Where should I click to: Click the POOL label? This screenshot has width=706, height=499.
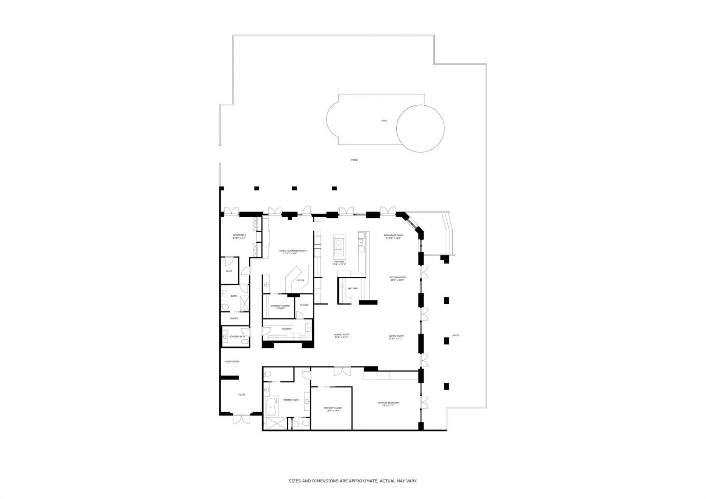coord(384,121)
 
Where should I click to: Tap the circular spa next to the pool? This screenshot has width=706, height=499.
coord(420,128)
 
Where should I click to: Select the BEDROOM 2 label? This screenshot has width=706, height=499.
coord(239,235)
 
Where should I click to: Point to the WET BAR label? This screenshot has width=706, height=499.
coord(353,288)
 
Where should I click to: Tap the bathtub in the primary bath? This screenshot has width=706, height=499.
coord(272,407)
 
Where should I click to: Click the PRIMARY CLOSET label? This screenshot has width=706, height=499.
coord(333,408)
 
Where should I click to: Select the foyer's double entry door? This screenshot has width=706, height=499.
coord(242,419)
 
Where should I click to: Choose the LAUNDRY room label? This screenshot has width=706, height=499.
coord(286,329)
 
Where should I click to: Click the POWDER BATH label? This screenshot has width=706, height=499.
coord(237,336)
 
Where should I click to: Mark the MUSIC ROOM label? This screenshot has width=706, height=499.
coord(232,361)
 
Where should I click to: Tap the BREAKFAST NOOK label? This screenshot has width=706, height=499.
coord(393,235)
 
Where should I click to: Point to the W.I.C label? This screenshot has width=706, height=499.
coord(229,271)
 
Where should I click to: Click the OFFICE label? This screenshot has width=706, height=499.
coord(300,280)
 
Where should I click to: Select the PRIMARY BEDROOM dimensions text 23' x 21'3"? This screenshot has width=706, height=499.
coord(388,405)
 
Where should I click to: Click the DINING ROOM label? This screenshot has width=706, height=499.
coord(342,335)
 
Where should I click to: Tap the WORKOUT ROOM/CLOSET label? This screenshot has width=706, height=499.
coord(280,307)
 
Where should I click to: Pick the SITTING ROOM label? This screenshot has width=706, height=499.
coord(397,277)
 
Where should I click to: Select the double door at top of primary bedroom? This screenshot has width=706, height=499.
coord(342,371)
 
